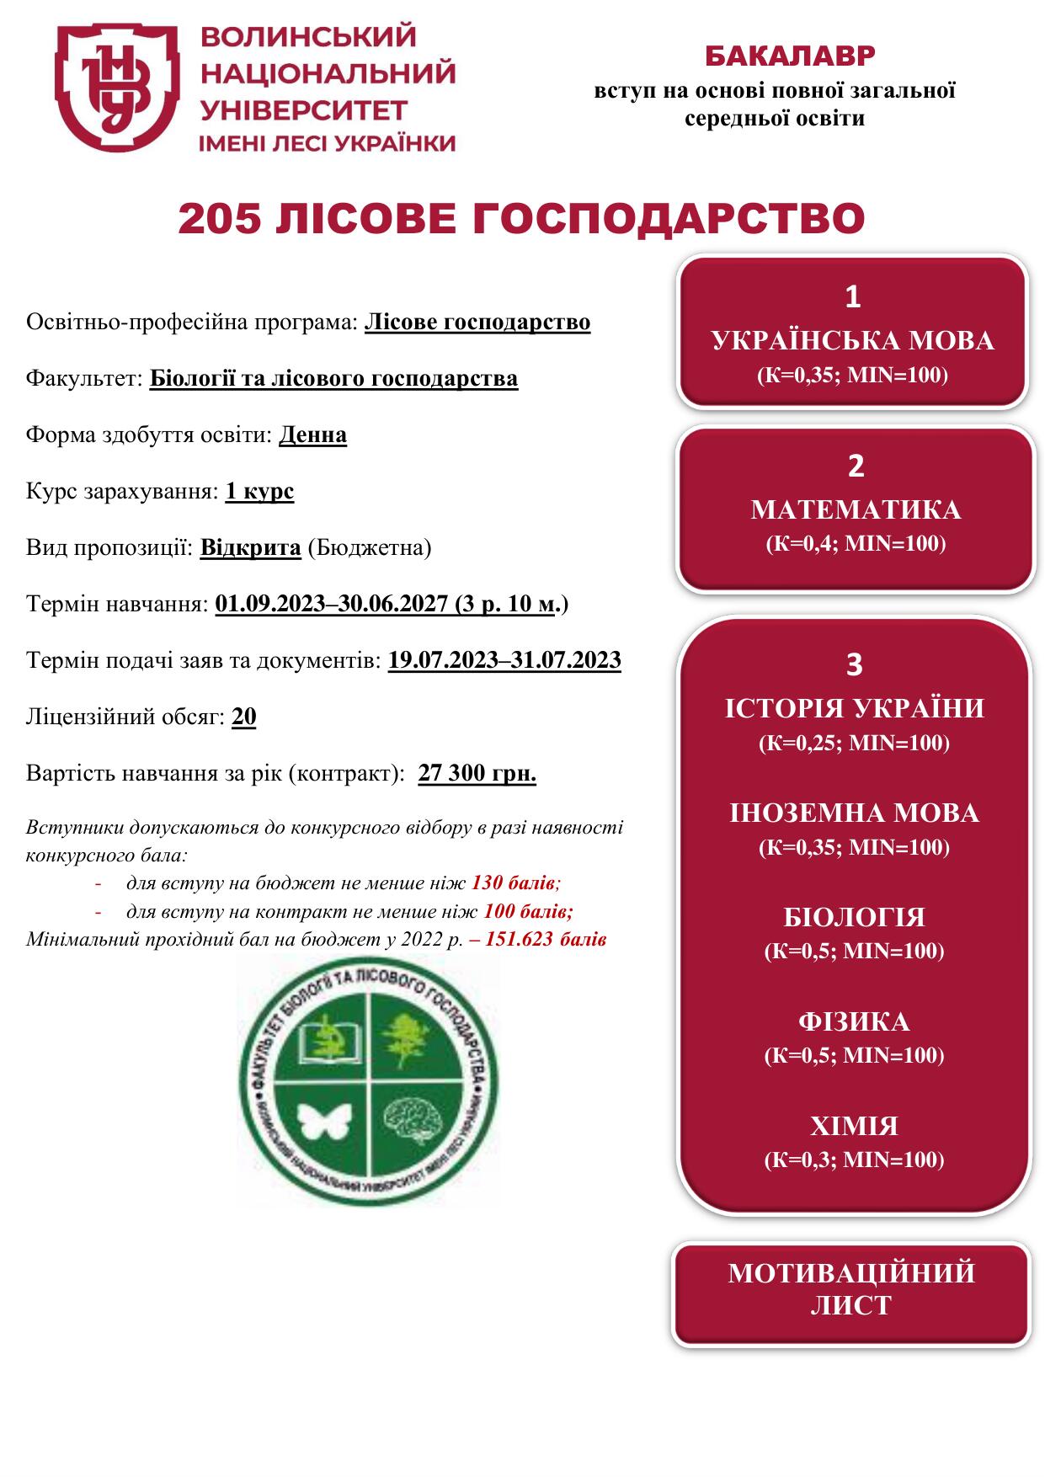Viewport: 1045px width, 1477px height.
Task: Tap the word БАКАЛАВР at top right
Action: [x=789, y=56]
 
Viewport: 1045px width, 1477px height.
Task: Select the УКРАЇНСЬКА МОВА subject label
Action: [x=852, y=341]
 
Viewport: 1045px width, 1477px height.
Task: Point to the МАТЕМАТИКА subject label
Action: [x=856, y=509]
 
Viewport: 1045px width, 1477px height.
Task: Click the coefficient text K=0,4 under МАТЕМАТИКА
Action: [x=856, y=543]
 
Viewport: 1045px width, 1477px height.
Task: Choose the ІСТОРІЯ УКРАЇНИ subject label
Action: [x=854, y=708]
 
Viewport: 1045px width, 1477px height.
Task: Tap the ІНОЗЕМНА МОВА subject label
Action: [x=854, y=813]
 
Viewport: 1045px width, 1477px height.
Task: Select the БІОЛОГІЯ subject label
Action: [x=854, y=916]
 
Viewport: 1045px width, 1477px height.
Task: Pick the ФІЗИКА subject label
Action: [x=854, y=1021]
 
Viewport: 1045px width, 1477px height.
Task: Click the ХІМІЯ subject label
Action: [x=854, y=1126]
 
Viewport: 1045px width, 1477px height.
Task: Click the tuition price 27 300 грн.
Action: [x=477, y=773]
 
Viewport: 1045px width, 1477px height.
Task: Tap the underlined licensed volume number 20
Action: [x=244, y=717]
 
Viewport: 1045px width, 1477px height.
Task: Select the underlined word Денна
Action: [x=312, y=435]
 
